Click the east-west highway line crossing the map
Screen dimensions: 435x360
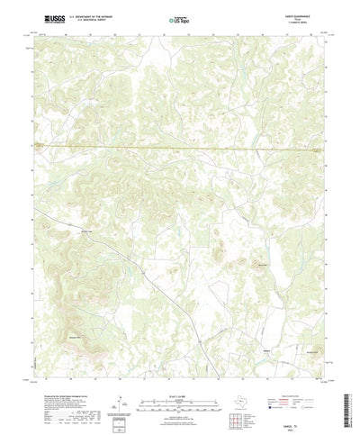[x=180, y=147]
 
